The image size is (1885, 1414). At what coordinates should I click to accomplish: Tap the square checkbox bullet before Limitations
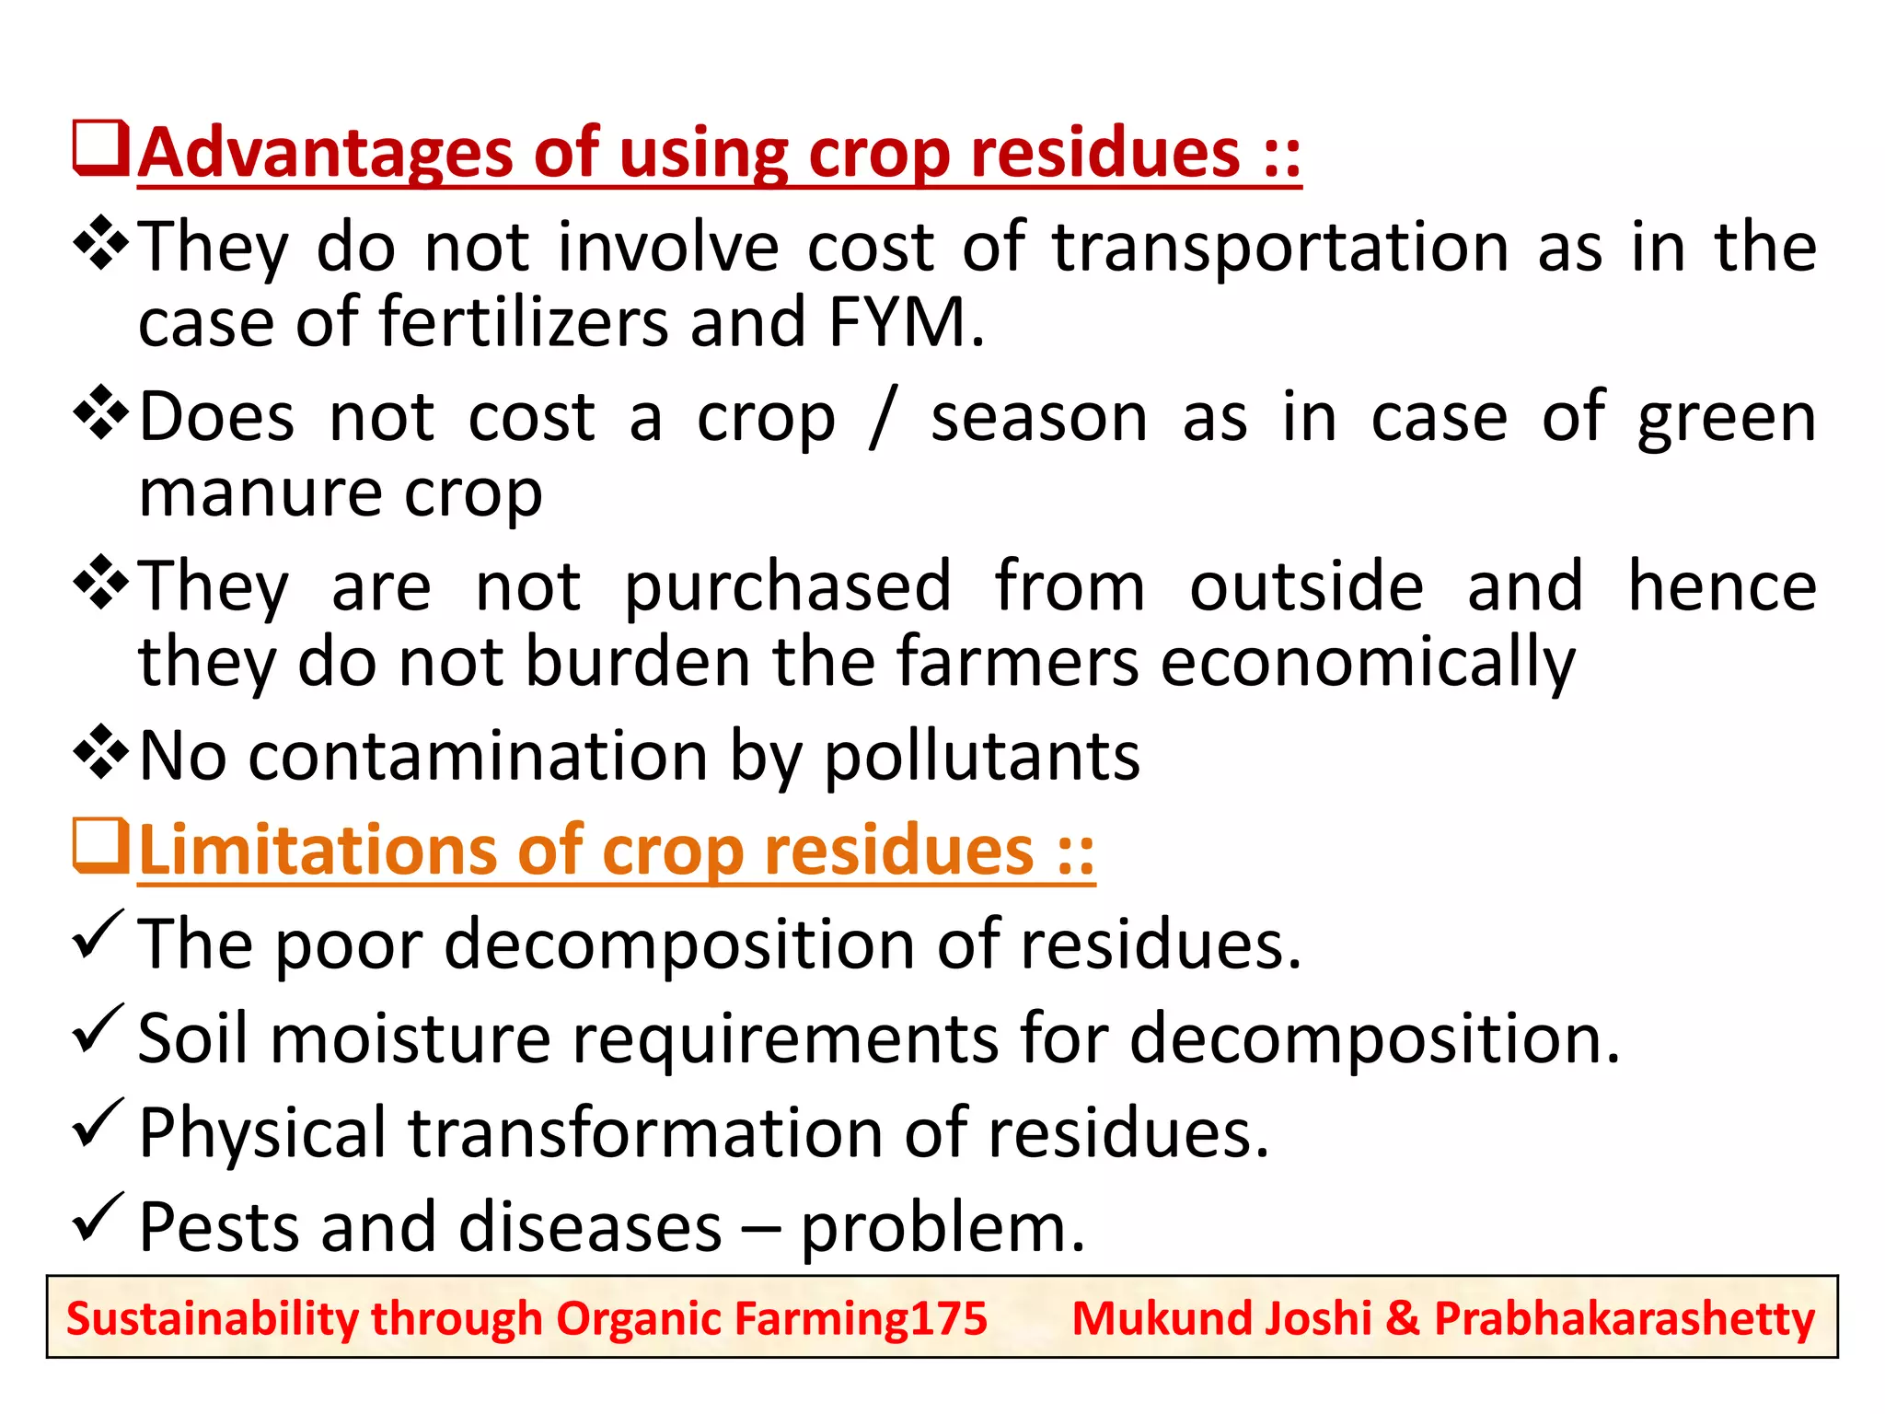coord(99,845)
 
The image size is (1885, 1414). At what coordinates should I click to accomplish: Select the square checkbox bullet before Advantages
coord(99,148)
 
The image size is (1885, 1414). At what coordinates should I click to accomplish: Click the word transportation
coord(1280,248)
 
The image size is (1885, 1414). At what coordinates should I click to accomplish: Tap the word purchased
coord(787,587)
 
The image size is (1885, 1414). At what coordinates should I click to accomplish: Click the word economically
coord(1367,663)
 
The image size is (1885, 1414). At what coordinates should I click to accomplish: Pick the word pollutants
coord(981,757)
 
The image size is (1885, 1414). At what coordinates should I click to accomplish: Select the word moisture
coord(411,1038)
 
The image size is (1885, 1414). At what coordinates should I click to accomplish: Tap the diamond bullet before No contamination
coord(100,752)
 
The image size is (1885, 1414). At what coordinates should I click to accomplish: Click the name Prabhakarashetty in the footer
coord(1624,1318)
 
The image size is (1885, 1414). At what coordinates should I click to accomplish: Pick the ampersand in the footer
coord(1403,1318)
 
